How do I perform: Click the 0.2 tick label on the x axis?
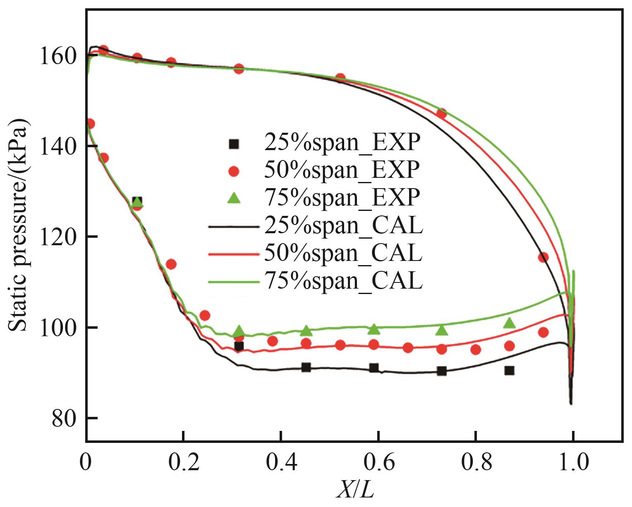coord(184,463)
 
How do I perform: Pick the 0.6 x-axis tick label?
coord(378,463)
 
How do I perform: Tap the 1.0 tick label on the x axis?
coord(573,463)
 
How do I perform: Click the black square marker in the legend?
coord(234,143)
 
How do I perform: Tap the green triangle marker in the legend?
coord(234,198)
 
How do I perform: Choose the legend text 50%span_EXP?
coord(342,170)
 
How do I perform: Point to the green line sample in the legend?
coord(234,282)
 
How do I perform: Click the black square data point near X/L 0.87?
coord(509,371)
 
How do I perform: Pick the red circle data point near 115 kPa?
coord(543,257)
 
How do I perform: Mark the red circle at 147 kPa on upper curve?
coord(442,114)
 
